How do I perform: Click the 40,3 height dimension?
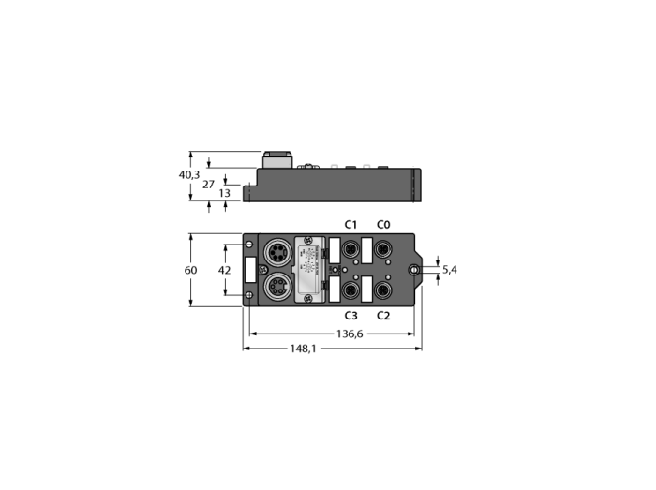point(189,175)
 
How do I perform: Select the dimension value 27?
point(208,185)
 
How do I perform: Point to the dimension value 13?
point(225,193)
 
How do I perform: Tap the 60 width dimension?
point(190,270)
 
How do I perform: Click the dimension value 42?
point(224,270)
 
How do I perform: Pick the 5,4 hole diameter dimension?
point(449,270)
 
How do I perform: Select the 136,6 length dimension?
point(350,334)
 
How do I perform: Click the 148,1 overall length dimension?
point(304,349)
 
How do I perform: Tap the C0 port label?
point(383,225)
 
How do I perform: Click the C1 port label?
point(350,225)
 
